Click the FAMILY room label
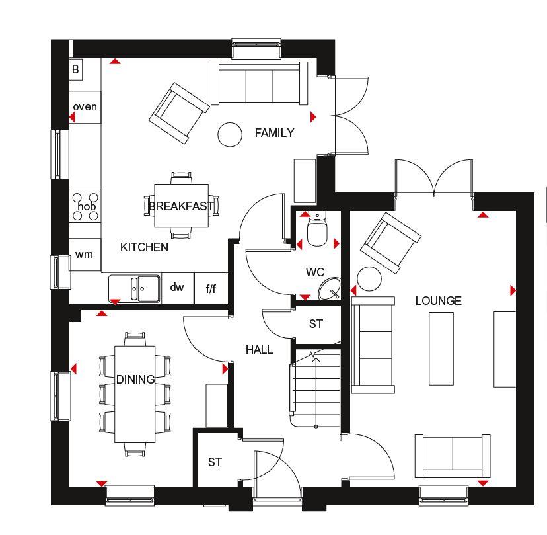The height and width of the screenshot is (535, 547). (274, 133)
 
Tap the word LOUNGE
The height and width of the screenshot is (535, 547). (438, 301)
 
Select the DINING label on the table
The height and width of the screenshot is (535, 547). (135, 379)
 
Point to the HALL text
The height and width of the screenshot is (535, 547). (259, 350)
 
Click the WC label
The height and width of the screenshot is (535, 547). (314, 272)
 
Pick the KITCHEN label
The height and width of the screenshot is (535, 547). (144, 247)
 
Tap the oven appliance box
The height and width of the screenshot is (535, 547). (85, 107)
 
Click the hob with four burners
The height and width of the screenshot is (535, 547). (85, 206)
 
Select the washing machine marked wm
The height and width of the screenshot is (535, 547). (85, 255)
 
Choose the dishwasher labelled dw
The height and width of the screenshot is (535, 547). (178, 288)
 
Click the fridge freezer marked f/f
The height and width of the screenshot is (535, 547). (211, 288)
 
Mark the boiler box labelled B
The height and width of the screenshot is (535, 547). (76, 69)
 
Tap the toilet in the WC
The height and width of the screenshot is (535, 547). (317, 229)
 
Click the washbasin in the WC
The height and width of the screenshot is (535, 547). (330, 288)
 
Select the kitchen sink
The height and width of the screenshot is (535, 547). (135, 288)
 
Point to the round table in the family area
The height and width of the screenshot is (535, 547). (230, 134)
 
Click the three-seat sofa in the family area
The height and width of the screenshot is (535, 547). (259, 83)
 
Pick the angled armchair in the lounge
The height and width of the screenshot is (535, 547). (390, 243)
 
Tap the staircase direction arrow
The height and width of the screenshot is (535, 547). (316, 390)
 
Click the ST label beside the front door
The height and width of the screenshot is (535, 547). (215, 462)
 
